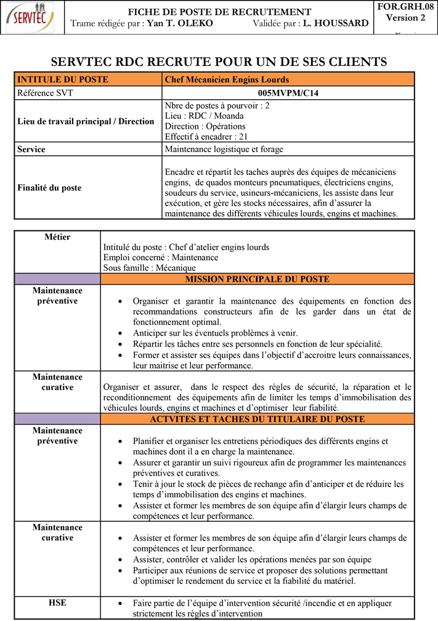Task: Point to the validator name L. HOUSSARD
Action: click(x=336, y=23)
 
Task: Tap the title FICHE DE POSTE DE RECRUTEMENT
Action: click(x=219, y=12)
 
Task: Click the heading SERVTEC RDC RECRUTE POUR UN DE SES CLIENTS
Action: click(x=219, y=62)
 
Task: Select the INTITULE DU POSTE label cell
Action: click(x=63, y=79)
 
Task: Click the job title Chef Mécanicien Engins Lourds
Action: click(x=227, y=79)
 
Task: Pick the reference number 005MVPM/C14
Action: click(x=288, y=93)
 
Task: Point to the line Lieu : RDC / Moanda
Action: click(x=205, y=116)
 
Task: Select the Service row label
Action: click(x=31, y=149)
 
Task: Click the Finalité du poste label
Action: click(x=49, y=188)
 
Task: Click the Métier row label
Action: click(x=57, y=237)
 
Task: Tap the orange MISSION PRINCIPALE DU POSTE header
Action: click(x=257, y=279)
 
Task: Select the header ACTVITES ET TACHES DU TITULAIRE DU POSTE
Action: click(x=257, y=419)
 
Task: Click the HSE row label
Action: click(x=57, y=603)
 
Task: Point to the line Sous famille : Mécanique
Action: click(x=150, y=268)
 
